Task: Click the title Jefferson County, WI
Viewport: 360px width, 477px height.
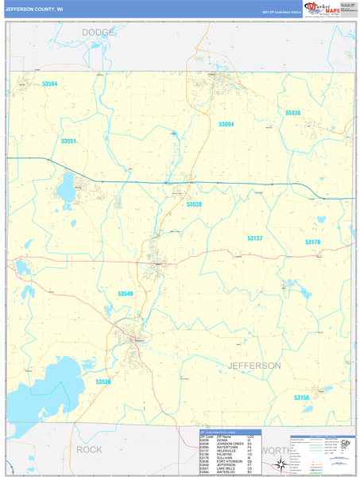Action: (33, 10)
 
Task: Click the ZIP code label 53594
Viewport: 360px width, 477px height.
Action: (50, 83)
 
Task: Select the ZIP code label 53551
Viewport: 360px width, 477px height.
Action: (68, 142)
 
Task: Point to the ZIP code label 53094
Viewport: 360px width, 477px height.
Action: (226, 125)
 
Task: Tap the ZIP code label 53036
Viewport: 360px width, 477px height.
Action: (292, 113)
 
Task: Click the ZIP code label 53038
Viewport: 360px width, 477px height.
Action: (194, 204)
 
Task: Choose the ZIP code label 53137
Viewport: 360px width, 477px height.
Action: (254, 238)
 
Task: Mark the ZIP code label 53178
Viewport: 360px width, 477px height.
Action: (312, 242)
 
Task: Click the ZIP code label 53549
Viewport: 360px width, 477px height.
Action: (126, 293)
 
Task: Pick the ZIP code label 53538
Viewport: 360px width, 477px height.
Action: (103, 382)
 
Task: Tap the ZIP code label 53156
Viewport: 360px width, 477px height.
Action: (301, 397)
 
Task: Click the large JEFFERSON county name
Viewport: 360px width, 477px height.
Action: (254, 366)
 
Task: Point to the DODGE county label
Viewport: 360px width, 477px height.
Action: (98, 33)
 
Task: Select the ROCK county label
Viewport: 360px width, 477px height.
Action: (89, 449)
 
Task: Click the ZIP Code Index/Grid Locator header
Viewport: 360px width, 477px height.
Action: (220, 432)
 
